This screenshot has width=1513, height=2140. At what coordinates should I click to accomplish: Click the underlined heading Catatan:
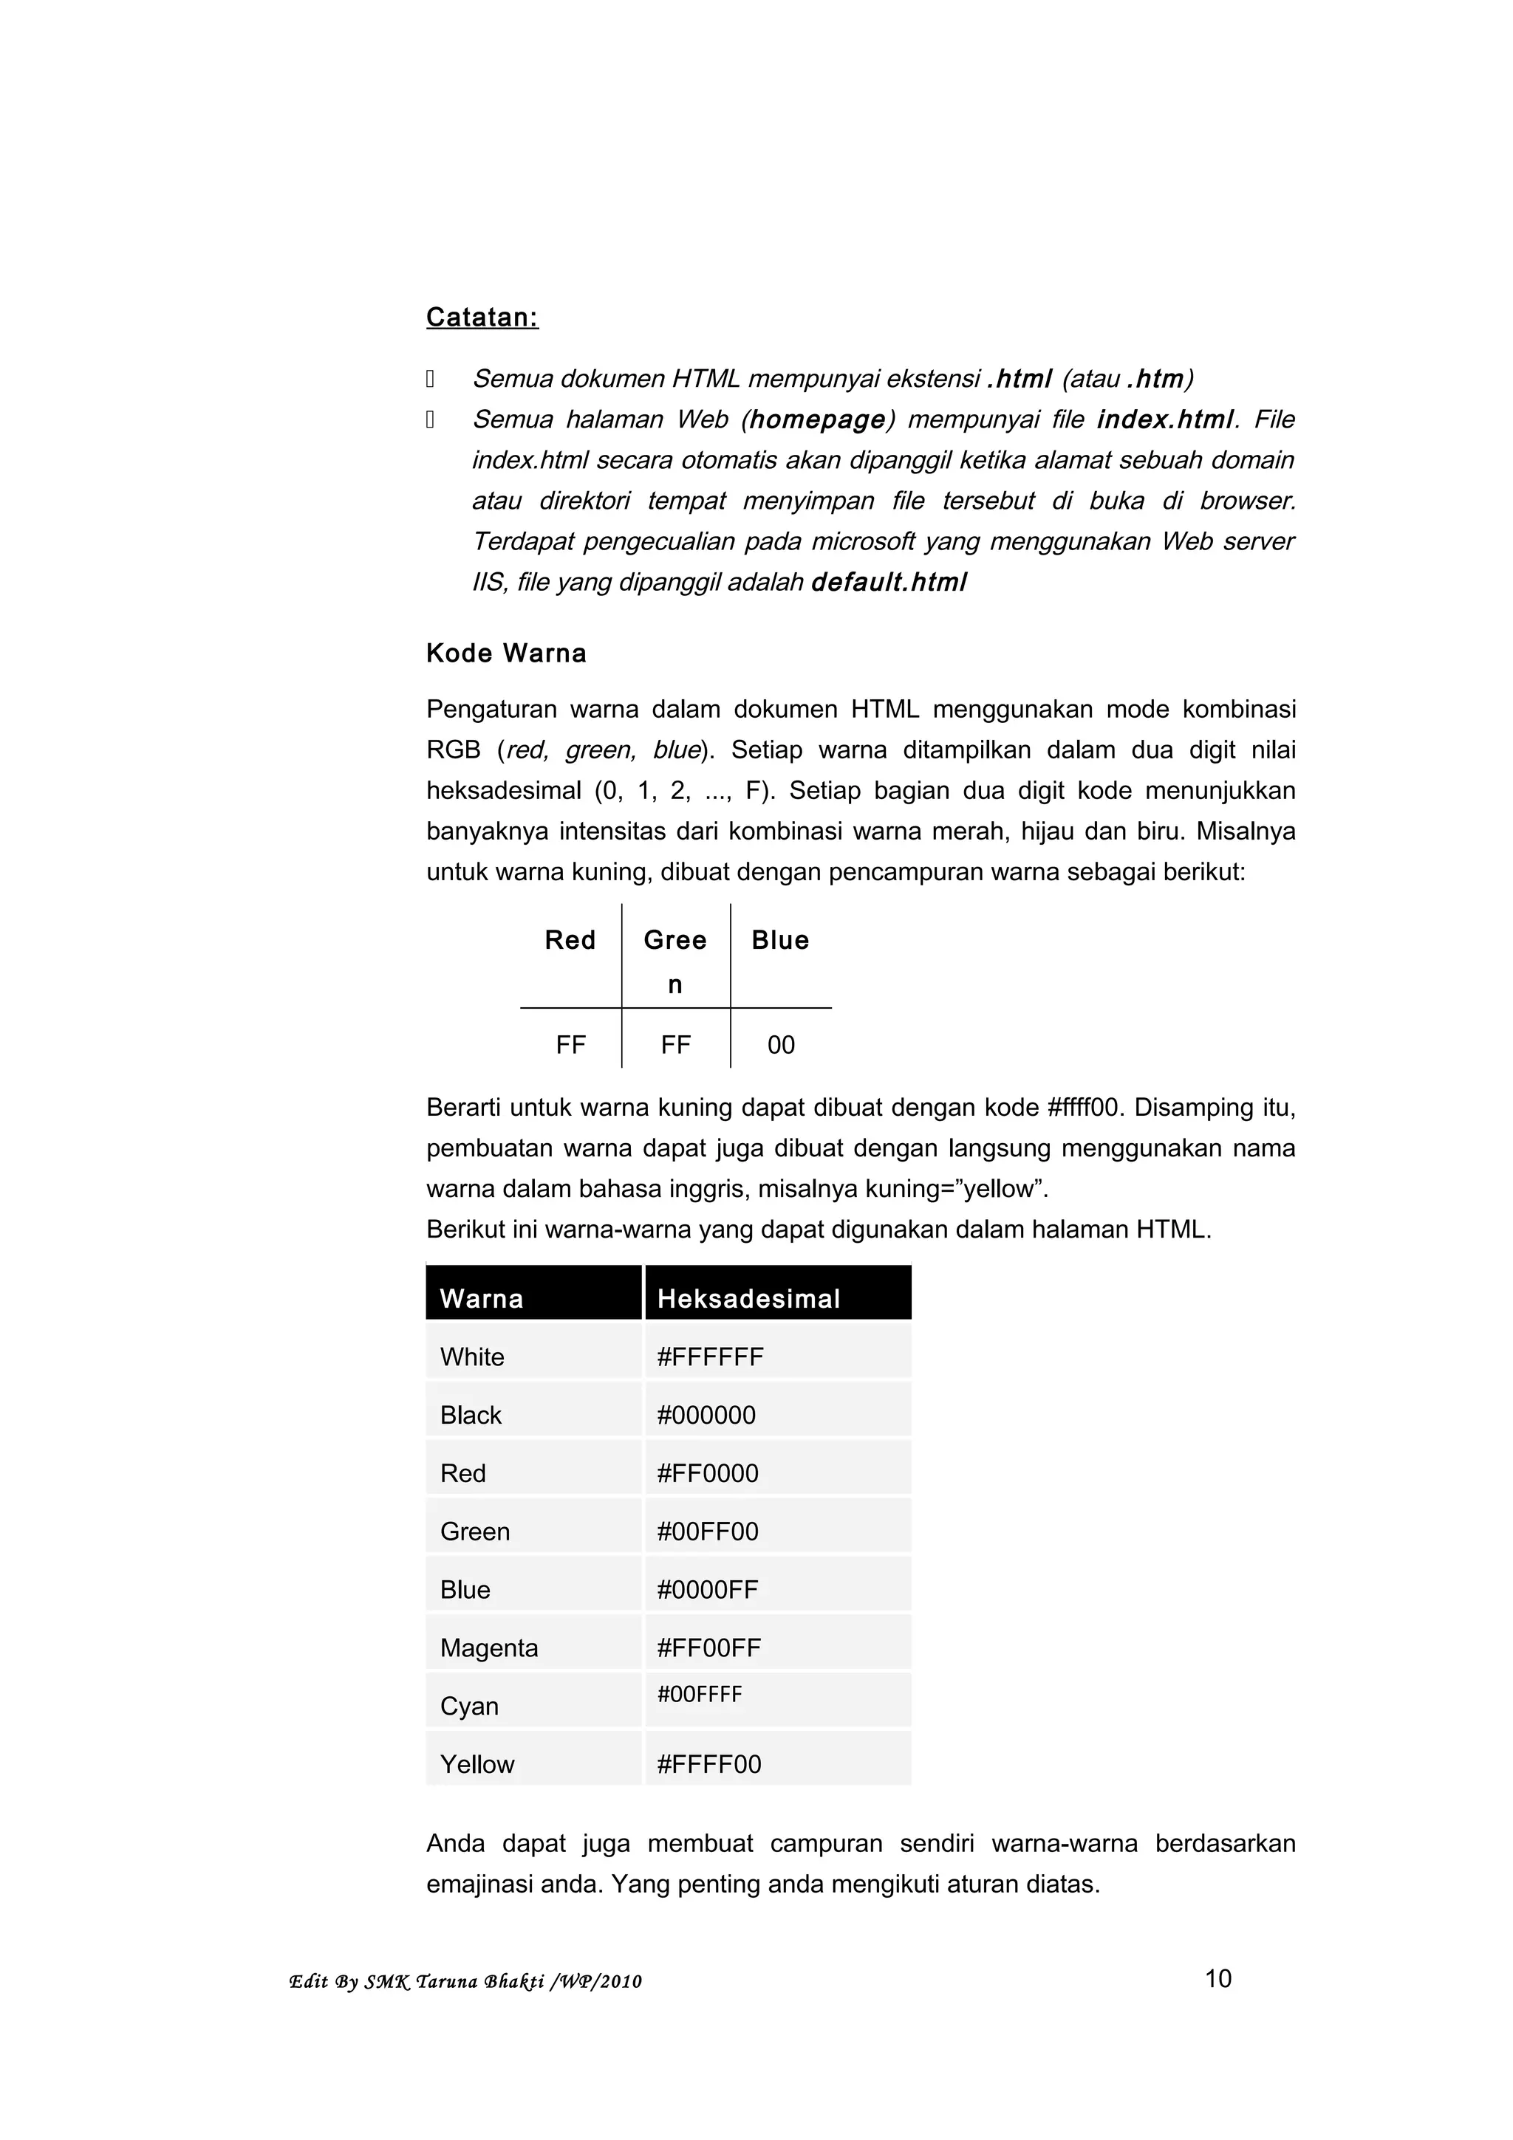point(482,318)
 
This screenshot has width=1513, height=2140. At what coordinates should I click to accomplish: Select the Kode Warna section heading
point(506,654)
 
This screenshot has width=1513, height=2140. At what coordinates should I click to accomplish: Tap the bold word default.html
point(889,583)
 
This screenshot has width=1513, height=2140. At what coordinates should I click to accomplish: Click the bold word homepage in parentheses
point(816,419)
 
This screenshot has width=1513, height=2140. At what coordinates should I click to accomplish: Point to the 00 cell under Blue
point(780,1045)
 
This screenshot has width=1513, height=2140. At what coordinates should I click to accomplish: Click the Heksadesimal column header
point(748,1298)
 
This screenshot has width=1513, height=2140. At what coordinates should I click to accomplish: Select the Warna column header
point(481,1298)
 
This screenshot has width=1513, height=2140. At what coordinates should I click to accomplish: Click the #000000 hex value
point(706,1415)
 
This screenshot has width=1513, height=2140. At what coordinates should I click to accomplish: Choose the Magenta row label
point(488,1648)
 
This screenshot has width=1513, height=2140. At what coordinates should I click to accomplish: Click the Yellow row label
point(477,1764)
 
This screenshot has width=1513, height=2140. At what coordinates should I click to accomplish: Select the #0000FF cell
point(708,1590)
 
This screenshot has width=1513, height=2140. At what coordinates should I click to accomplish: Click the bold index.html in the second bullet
point(1165,419)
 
